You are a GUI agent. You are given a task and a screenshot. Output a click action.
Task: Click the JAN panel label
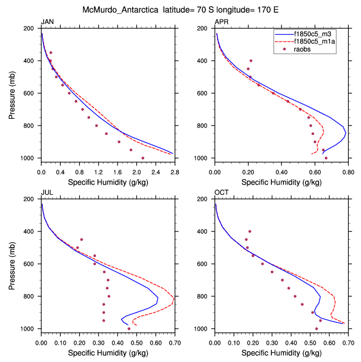(x=47, y=22)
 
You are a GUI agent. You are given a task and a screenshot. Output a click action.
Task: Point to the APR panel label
(x=221, y=22)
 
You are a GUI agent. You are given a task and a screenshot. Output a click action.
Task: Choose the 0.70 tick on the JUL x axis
(x=174, y=344)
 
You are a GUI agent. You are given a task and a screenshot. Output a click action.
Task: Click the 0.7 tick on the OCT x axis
(x=348, y=344)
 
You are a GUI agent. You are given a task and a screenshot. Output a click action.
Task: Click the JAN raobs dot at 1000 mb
(x=143, y=158)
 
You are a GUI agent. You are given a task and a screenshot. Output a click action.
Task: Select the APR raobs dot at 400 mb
(x=251, y=61)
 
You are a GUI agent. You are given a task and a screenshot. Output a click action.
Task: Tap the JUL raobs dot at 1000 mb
(x=129, y=329)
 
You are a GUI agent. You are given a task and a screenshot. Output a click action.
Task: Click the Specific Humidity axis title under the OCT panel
(x=281, y=353)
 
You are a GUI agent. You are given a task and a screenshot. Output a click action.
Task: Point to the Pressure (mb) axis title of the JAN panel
(x=12, y=93)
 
